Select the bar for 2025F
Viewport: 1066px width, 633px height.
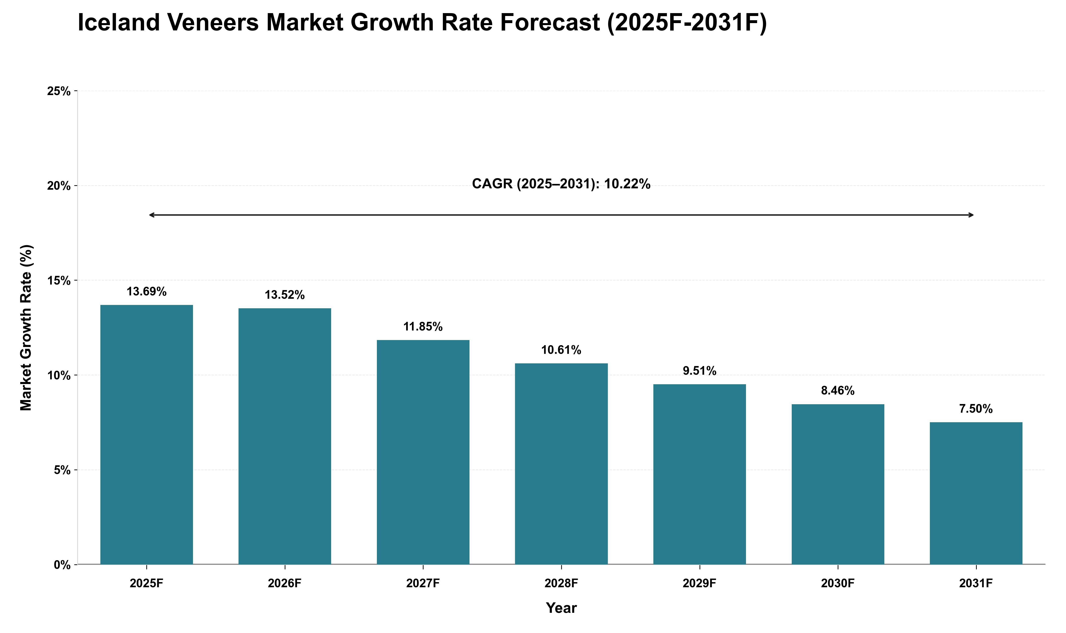click(x=146, y=435)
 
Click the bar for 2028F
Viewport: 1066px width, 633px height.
click(x=561, y=464)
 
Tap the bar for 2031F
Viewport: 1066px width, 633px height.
click(x=976, y=494)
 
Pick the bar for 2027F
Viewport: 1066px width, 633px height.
click(x=423, y=452)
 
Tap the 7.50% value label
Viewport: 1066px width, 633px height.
click(x=976, y=409)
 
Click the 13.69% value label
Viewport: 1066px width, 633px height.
click(x=146, y=292)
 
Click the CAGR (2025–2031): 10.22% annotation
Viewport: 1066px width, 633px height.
click(x=561, y=184)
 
